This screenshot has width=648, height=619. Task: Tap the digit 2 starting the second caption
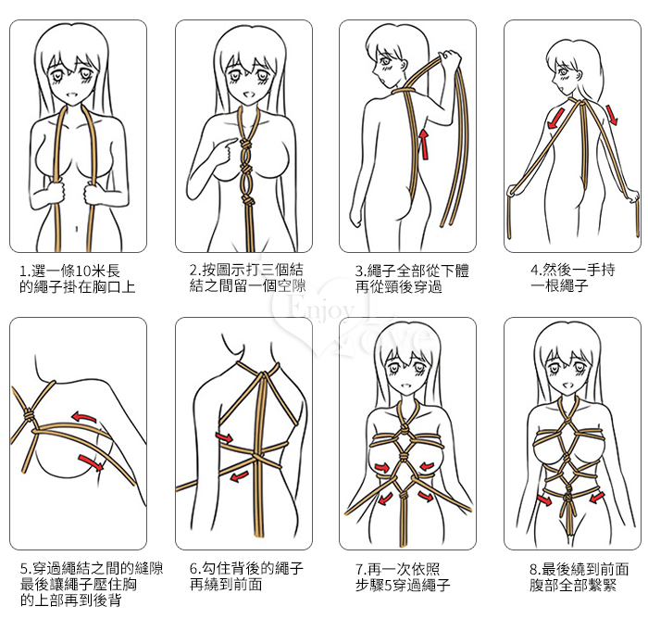[x=193, y=271]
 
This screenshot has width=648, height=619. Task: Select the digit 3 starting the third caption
[x=359, y=272]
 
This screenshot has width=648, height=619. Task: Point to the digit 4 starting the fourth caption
[x=534, y=271]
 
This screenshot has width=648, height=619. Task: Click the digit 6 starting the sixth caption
[x=193, y=569]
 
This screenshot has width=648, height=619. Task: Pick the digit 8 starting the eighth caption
[x=533, y=570]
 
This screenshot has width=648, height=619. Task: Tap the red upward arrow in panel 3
[x=424, y=144]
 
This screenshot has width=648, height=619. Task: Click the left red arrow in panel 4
[x=555, y=118]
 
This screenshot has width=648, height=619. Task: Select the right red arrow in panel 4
[x=612, y=115]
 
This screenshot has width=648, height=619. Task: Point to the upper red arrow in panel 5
[x=84, y=417]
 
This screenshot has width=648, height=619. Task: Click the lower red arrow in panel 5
[x=91, y=461]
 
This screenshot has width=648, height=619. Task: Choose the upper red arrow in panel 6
[x=224, y=437]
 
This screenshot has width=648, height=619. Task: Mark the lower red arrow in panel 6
[x=239, y=476]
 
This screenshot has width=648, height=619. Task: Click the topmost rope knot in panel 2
[x=244, y=145]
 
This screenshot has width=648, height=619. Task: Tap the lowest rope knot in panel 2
[x=247, y=201]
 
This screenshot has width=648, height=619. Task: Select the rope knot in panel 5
[x=29, y=415]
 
